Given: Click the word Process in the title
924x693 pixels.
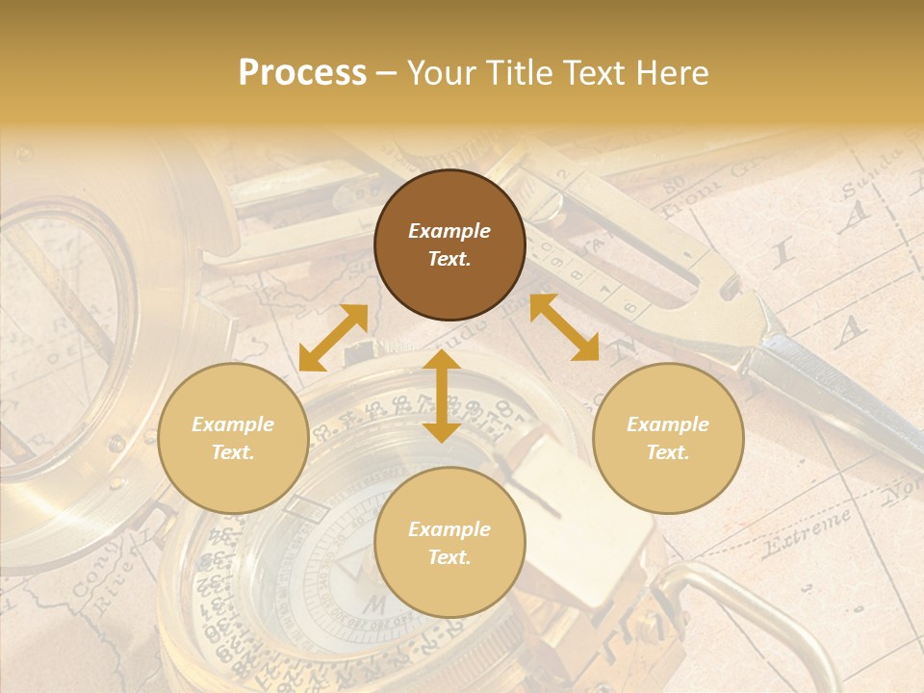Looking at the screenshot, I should click(x=302, y=73).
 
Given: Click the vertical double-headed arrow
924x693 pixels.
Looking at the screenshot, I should click(x=442, y=396).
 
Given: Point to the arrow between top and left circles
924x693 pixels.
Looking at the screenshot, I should click(x=333, y=338).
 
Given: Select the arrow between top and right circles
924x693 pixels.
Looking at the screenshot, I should click(x=564, y=327).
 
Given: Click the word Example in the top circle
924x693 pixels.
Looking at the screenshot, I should click(x=449, y=231).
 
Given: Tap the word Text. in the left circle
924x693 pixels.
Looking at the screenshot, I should click(x=233, y=452).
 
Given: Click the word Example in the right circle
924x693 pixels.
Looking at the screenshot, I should click(x=668, y=424).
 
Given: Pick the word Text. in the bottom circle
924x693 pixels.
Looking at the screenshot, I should click(x=449, y=557).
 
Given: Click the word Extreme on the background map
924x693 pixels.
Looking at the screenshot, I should click(x=807, y=532).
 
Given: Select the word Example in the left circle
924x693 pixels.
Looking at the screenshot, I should click(x=233, y=424).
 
